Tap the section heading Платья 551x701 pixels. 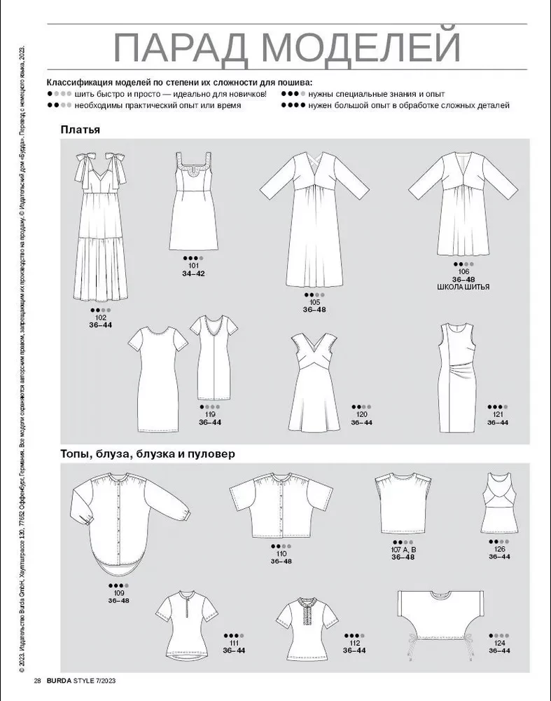(81, 130)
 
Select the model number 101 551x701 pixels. (194, 266)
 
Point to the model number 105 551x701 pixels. (314, 302)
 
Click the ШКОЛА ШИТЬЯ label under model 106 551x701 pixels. (463, 287)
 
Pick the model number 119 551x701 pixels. (210, 414)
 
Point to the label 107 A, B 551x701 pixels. (403, 550)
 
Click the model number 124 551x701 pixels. (499, 643)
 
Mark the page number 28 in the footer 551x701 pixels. (38, 681)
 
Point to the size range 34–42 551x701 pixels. (194, 273)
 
